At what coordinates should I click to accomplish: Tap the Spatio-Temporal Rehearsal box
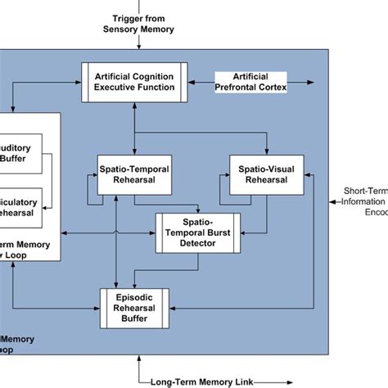pos(133,174)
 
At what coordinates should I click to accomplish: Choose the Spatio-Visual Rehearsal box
pos(265,174)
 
